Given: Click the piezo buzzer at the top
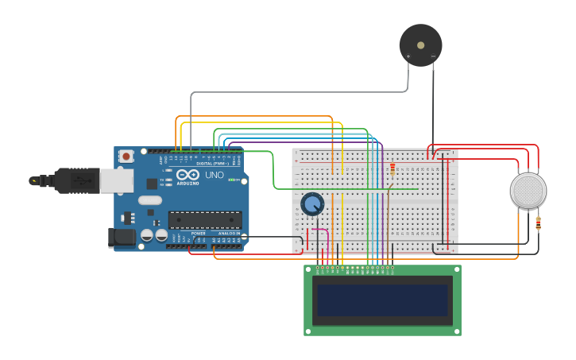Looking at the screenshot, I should (420, 45).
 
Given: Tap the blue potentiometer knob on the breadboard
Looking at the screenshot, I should (312, 204).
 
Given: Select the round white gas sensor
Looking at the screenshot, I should (528, 191).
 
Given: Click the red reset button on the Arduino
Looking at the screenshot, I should (126, 157).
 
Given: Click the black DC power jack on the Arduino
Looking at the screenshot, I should (120, 236).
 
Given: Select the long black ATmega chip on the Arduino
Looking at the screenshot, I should (204, 219).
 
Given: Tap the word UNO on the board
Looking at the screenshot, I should (215, 175).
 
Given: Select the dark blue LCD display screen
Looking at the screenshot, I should (382, 300).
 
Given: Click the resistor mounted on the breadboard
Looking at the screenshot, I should (392, 168).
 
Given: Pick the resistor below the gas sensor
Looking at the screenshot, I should (538, 223).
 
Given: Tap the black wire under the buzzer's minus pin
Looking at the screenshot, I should (433, 103).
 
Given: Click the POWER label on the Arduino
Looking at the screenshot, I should (199, 233).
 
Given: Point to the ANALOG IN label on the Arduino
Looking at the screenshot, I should (230, 233).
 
